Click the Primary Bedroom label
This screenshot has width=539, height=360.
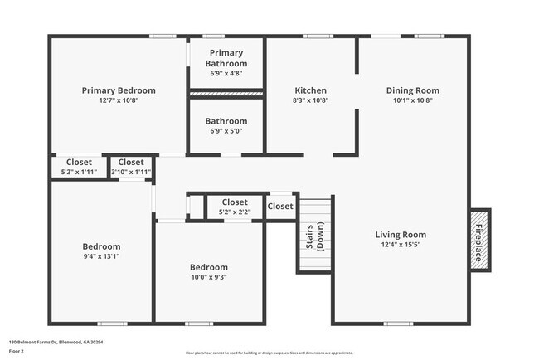pyautogui.click(x=119, y=90)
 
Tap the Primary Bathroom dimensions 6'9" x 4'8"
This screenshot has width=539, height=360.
pyautogui.click(x=226, y=73)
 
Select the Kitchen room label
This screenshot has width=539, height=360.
pyautogui.click(x=311, y=90)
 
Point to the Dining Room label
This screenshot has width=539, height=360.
pyautogui.click(x=412, y=90)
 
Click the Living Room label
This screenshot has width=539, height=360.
pyautogui.click(x=401, y=235)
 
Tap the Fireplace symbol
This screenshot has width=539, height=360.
pyautogui.click(x=478, y=237)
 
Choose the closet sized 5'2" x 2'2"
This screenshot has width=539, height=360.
pyautogui.click(x=234, y=212)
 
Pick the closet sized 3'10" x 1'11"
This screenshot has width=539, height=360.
pyautogui.click(x=131, y=172)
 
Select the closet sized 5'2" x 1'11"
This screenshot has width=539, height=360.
pyautogui.click(x=79, y=172)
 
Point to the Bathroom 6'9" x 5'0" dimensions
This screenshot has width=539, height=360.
pyautogui.click(x=226, y=131)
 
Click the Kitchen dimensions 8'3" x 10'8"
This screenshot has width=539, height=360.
pyautogui.click(x=311, y=100)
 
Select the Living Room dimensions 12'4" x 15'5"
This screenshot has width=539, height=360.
pyautogui.click(x=401, y=245)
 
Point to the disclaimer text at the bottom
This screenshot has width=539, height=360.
pyautogui.click(x=269, y=353)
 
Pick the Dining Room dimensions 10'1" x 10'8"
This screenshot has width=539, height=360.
pyautogui.click(x=412, y=100)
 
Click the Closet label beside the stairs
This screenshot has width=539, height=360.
pyautogui.click(x=280, y=207)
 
